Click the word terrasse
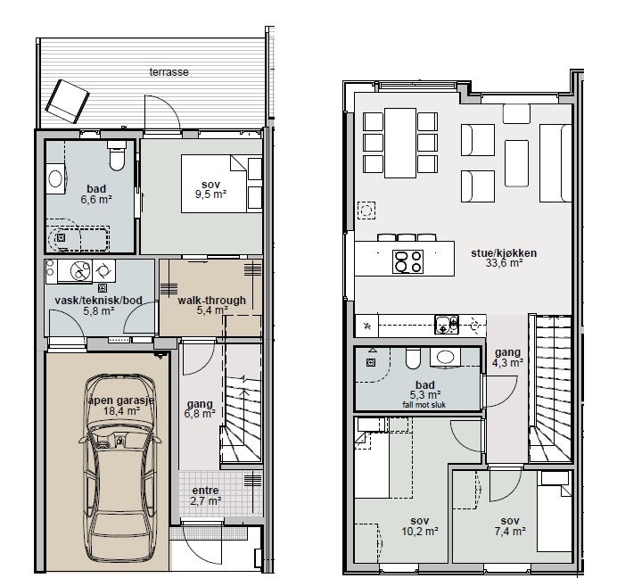169,72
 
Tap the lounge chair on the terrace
67,101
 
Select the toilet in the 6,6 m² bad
117,156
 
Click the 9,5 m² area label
211,194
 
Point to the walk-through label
211,301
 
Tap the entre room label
205,491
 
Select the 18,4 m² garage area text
122,411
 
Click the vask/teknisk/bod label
98,301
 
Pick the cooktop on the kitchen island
408,261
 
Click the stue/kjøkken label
504,253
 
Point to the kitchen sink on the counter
447,325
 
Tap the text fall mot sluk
424,404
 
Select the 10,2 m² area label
420,531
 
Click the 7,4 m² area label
510,531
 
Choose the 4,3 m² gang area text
507,363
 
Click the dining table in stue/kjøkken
400,143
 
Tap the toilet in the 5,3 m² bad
413,359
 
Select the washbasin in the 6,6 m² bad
55,178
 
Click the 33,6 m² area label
504,263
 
